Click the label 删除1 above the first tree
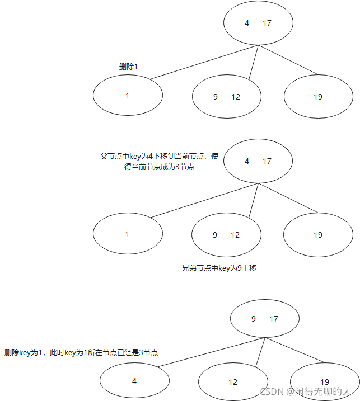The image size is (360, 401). pos(128,67)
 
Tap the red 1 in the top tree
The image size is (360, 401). pos(128,96)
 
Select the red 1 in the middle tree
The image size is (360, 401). pos(128,234)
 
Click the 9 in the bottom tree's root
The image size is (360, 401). pos(254,319)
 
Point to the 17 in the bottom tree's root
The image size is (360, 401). pos(274,319)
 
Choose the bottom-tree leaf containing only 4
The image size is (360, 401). pos(134,381)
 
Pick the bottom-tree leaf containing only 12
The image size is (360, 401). pos(233,382)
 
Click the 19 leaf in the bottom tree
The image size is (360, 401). pos(325,382)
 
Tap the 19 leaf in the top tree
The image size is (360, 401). pos(318,97)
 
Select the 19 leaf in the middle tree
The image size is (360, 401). pos(318,235)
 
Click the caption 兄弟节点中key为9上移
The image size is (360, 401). pos(219,268)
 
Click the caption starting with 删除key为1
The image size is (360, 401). pos(81,352)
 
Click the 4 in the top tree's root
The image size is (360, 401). pos(247,23)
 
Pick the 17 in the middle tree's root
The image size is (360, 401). pos(267,161)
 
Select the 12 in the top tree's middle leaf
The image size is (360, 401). pos(236,97)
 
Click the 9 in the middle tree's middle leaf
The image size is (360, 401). pos(215,235)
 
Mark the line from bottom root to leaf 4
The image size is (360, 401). pos(210,353)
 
